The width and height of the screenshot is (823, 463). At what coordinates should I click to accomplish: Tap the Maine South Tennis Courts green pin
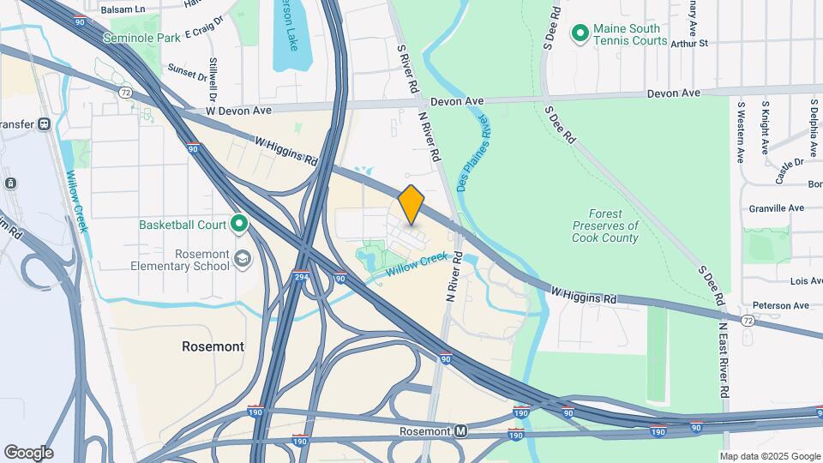580,33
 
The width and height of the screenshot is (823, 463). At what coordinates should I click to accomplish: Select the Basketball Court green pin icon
239,225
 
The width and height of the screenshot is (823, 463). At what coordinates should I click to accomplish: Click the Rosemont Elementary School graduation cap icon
243,259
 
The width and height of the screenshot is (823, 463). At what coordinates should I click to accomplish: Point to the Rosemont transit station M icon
461,430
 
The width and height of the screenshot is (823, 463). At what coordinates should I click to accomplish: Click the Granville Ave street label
777,207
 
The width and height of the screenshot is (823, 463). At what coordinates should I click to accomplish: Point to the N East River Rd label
724,360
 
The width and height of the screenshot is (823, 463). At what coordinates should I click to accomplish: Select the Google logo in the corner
28,453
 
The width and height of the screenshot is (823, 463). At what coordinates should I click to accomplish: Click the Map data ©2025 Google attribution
769,456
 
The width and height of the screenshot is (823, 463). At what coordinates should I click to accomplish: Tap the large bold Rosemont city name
213,346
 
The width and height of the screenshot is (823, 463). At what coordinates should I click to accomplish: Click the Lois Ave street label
806,281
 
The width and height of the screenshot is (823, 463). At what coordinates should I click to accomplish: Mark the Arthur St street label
690,43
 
